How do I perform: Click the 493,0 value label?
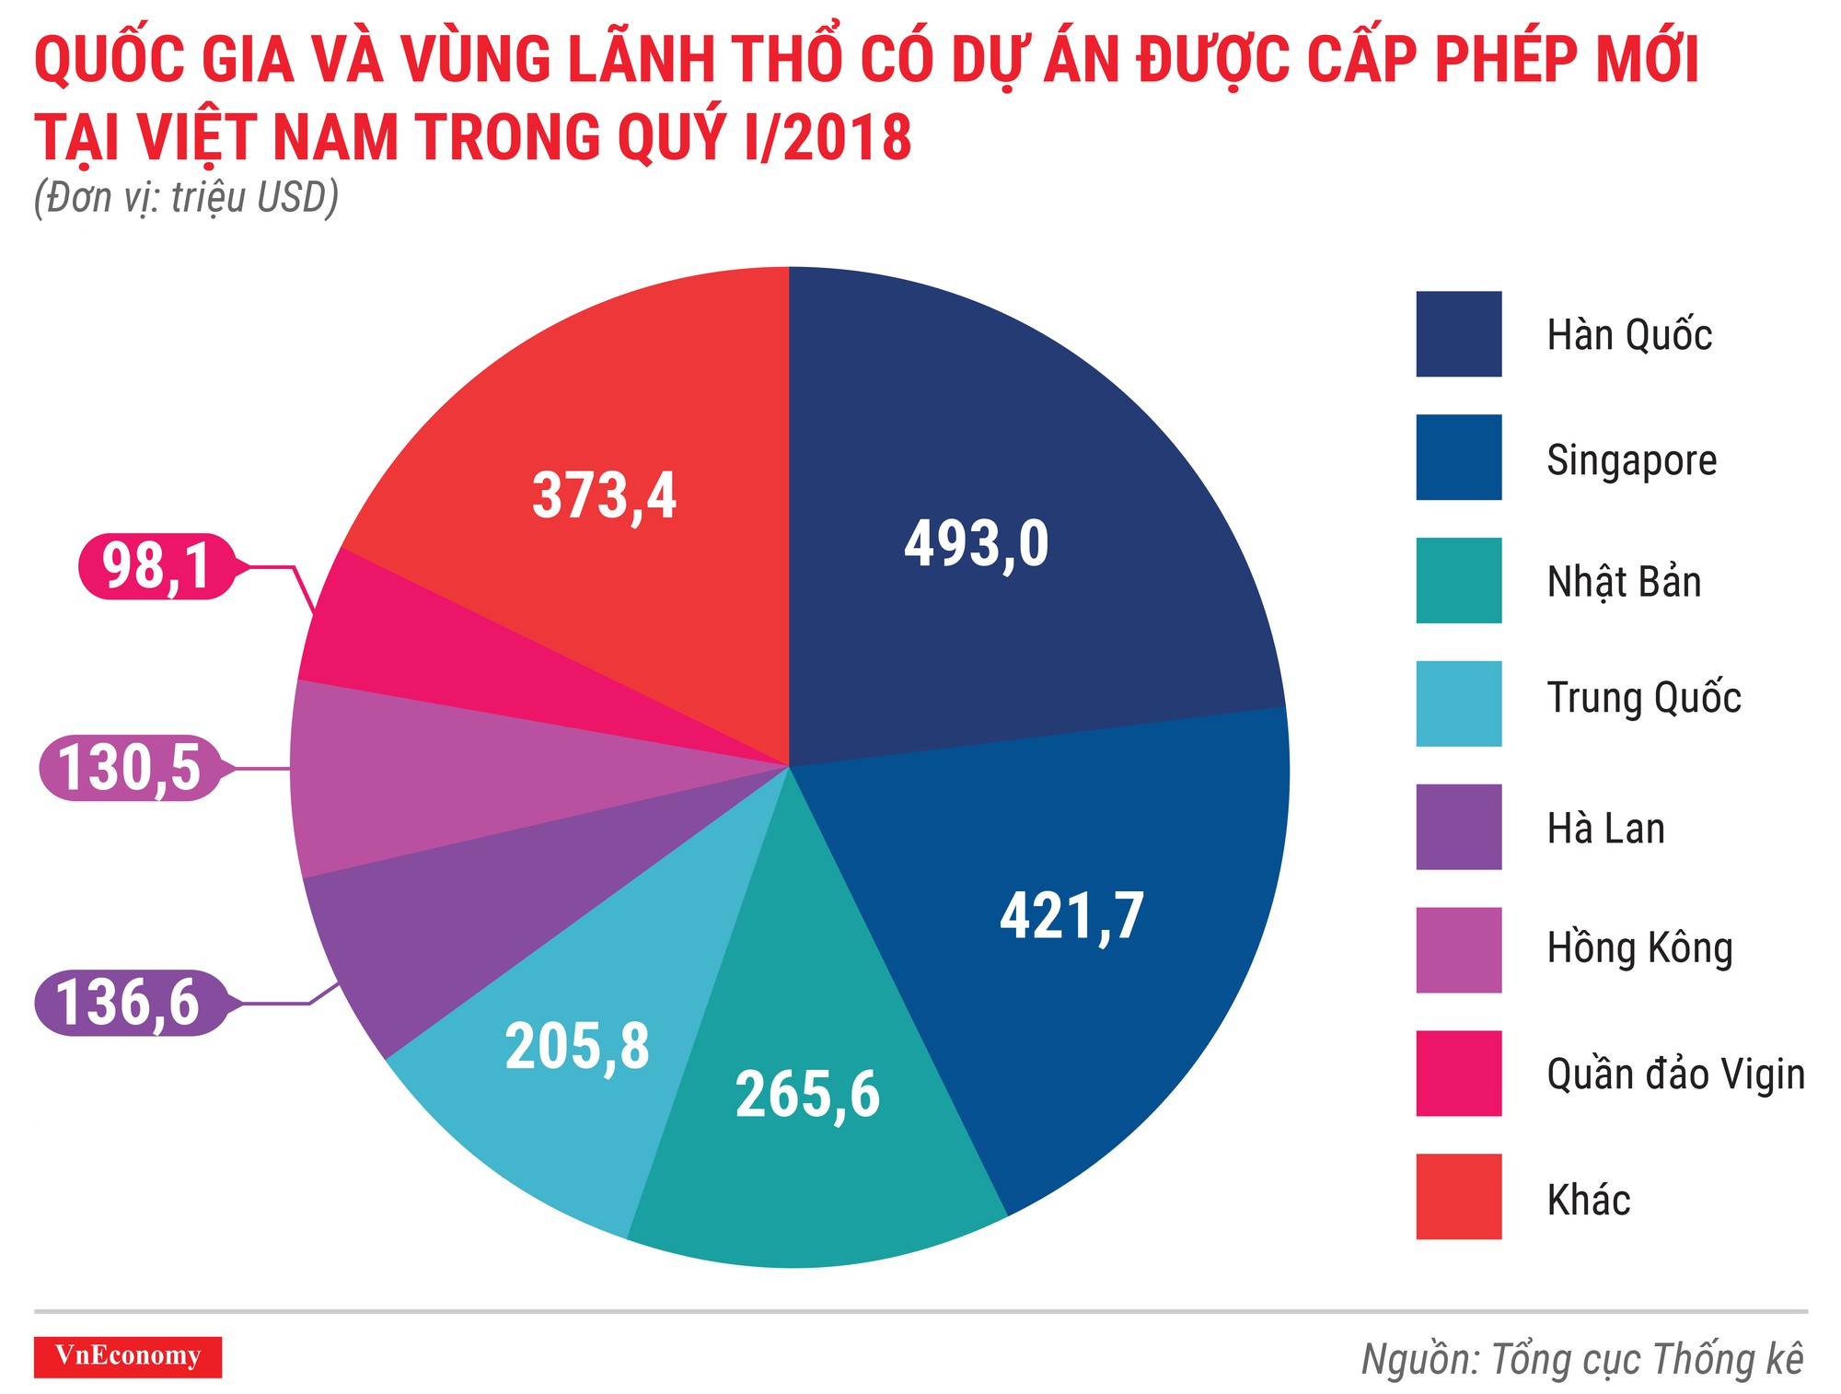tap(976, 543)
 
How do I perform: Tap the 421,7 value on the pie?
tap(1071, 915)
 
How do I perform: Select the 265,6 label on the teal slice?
tap(807, 1094)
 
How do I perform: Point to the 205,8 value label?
tap(577, 1046)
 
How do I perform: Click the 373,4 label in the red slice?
tap(604, 495)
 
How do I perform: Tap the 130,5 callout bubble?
tap(130, 768)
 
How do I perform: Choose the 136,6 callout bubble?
tap(129, 1003)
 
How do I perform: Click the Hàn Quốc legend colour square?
tap(1458, 334)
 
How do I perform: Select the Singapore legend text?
tap(1631, 459)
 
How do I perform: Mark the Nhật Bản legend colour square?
tap(1458, 581)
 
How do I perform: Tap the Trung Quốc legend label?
tap(1643, 697)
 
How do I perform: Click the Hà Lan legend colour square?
tap(1458, 827)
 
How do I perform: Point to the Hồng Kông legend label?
tap(1639, 948)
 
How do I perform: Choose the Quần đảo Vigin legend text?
tap(1675, 1074)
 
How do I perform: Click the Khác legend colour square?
tap(1458, 1196)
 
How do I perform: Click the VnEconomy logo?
tap(128, 1356)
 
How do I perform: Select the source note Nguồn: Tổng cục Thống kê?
tap(1582, 1359)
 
